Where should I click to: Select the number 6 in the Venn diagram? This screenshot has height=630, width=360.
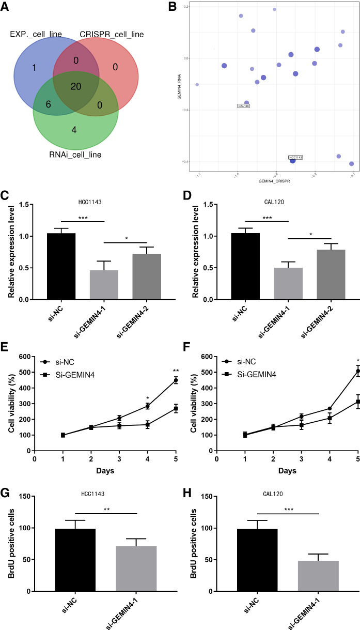(x=49, y=103)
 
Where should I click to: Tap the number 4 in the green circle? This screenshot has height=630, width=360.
(x=74, y=130)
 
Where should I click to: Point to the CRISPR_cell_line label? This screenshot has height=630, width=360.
(x=112, y=35)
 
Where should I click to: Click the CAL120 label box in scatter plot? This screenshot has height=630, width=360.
(x=244, y=106)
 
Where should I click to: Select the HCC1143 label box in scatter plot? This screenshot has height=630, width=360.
(x=295, y=157)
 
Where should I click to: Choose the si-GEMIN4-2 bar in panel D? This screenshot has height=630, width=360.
(x=324, y=274)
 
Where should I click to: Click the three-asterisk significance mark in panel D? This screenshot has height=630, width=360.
(x=267, y=218)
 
